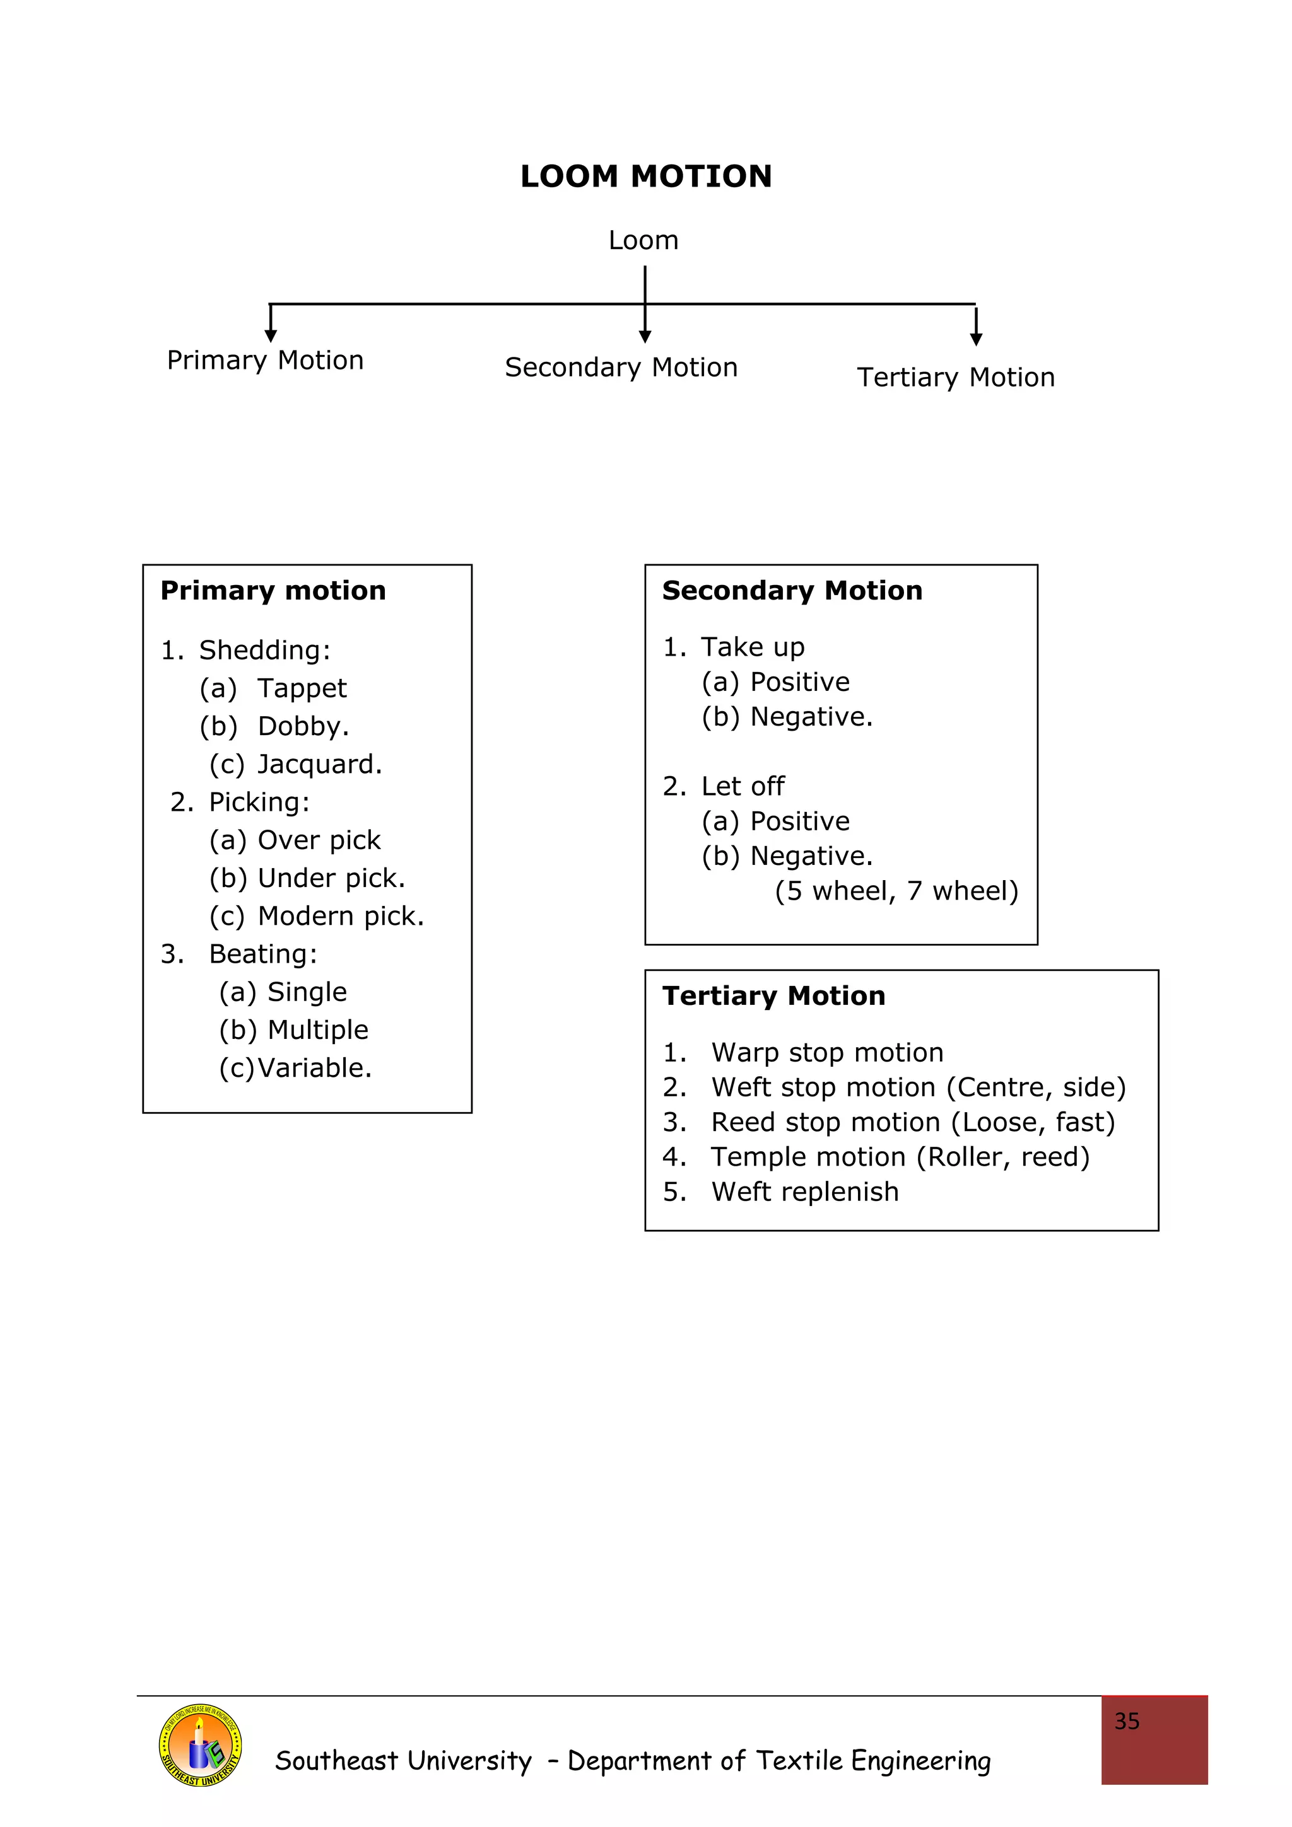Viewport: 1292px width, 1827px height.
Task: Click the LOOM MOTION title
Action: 645,176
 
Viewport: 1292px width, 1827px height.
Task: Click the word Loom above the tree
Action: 643,240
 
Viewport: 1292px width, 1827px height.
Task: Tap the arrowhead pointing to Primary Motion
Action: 271,336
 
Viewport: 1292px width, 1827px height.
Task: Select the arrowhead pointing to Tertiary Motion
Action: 976,340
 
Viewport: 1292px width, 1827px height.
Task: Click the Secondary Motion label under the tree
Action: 621,368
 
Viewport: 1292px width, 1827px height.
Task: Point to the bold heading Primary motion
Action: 273,591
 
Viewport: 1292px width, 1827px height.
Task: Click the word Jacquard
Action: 319,764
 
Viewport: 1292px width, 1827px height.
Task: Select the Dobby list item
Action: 303,726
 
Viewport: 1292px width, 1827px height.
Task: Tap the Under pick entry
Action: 331,878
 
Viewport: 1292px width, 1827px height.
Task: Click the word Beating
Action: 262,953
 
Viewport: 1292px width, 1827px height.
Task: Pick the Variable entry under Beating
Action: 314,1067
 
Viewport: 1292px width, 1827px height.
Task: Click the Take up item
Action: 752,647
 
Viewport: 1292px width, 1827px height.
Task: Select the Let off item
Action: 742,786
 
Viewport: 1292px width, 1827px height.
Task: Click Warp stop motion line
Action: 826,1052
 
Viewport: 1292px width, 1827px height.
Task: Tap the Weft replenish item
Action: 805,1192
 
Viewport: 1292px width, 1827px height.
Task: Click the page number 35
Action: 1127,1721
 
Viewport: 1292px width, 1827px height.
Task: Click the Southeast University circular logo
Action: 200,1745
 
